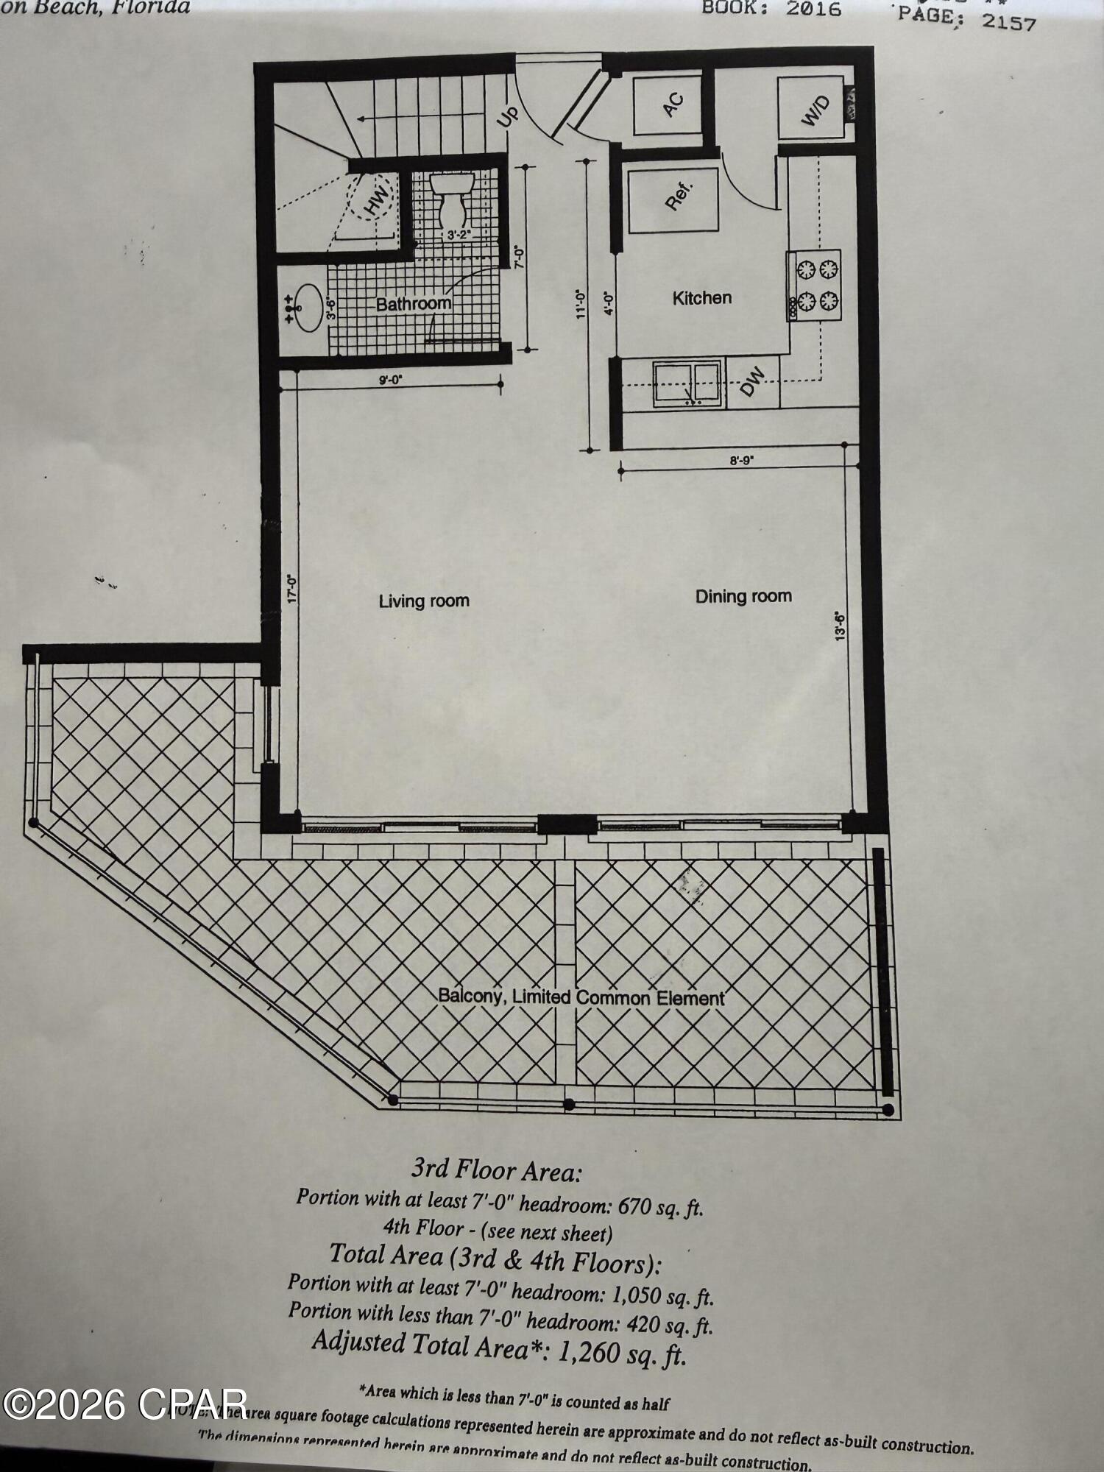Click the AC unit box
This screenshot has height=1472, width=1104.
pos(668,103)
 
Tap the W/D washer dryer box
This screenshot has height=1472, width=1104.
pos(813,109)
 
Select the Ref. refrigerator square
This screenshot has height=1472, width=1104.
pos(672,199)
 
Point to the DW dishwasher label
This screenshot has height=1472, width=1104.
pos(752,382)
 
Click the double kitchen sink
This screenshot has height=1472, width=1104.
pos(686,383)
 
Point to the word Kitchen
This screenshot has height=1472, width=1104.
pos(702,298)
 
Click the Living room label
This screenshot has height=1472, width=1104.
pos(424,601)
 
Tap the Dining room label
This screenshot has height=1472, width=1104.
pos(743,596)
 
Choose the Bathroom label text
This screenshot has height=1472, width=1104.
pos(413,304)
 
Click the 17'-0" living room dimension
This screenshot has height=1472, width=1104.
pos(292,589)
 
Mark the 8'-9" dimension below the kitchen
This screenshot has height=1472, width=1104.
pos(743,461)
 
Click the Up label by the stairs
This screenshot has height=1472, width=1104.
pos(507,116)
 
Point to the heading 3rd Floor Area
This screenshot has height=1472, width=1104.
pos(496,1170)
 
